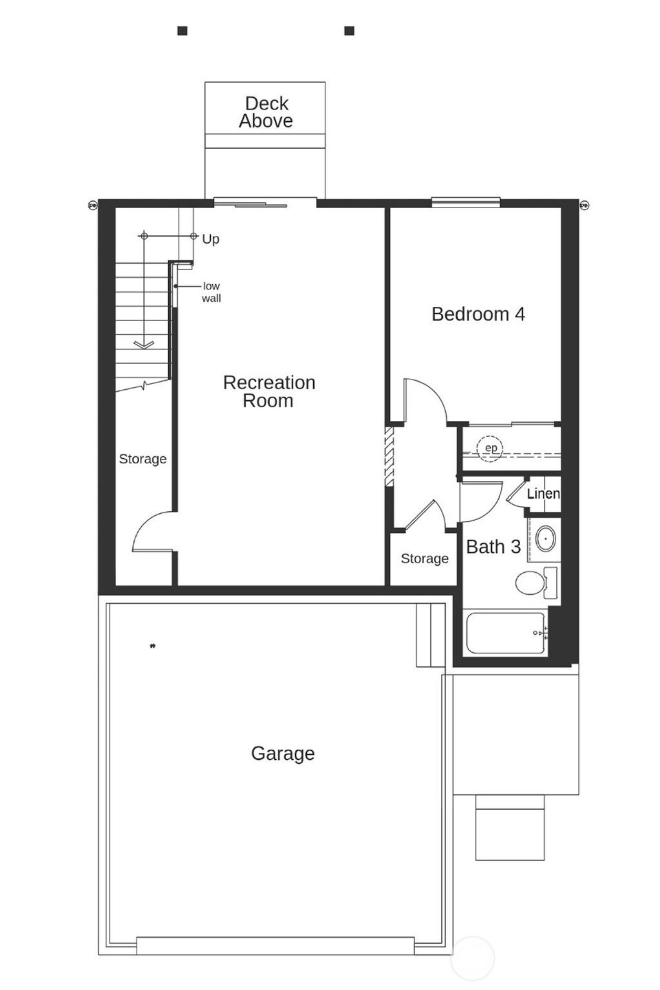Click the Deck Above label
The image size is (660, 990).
tap(266, 112)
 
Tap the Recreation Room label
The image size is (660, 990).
tap(269, 391)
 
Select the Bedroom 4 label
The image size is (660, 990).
tap(478, 314)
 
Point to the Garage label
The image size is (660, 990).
tap(282, 753)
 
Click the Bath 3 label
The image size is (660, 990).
tap(493, 547)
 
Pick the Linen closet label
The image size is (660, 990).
tap(543, 494)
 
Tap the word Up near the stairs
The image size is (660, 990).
tap(211, 239)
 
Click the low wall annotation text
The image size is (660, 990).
tap(211, 292)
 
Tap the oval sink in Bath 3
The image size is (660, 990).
tap(546, 538)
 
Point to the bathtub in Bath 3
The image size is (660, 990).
tap(505, 633)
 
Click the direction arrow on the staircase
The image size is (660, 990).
tap(144, 344)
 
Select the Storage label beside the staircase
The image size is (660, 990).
tap(142, 459)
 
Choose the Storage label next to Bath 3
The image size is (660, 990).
tap(424, 558)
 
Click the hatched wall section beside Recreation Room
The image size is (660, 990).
tap(389, 456)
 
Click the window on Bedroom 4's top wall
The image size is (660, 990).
tap(465, 202)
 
